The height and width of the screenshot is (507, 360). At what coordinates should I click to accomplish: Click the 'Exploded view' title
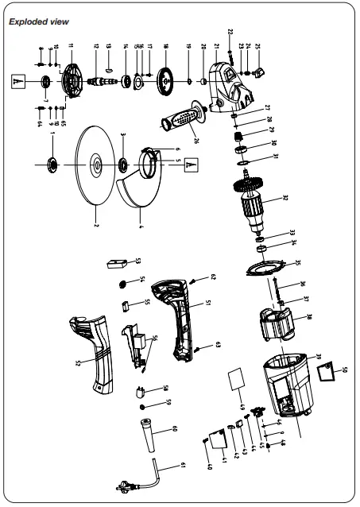click(x=35, y=22)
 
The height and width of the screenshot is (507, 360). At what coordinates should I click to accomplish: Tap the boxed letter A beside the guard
click(x=191, y=164)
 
